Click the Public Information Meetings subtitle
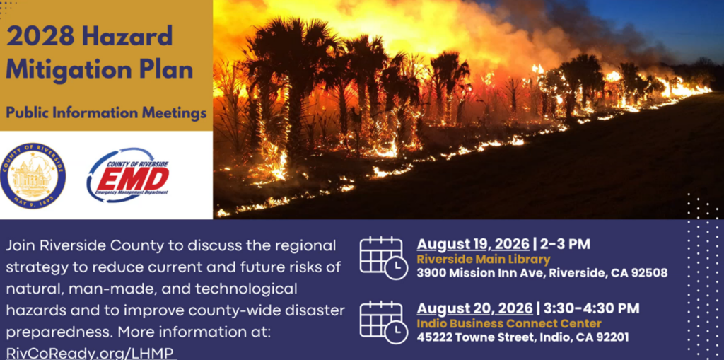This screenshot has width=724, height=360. click(106, 112)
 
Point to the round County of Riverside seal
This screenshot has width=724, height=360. click(33, 175)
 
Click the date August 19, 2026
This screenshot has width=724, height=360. click(473, 245)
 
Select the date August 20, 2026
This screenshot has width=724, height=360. click(474, 308)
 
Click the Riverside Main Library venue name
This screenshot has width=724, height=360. click(484, 259)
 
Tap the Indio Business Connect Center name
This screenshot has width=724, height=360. click(509, 323)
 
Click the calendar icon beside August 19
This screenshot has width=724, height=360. click(383, 257)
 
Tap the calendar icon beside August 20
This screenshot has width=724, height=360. click(383, 322)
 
